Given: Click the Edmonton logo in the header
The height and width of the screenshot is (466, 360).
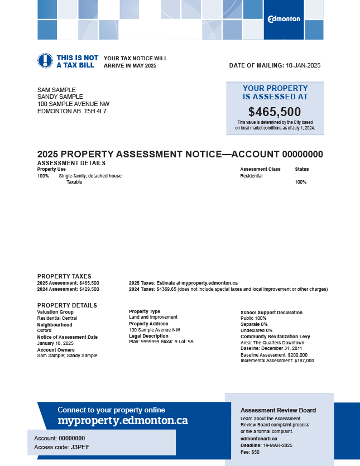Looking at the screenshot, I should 284,19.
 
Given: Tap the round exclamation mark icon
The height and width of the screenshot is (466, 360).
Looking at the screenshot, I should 45,61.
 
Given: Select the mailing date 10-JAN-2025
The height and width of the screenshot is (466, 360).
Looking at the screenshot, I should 303,65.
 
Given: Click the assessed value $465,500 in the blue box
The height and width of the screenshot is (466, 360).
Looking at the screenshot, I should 275,112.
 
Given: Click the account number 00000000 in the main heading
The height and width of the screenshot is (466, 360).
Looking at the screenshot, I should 303,155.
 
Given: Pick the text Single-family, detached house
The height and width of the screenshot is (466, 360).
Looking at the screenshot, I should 90,176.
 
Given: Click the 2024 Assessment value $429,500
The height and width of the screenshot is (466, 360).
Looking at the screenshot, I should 89,289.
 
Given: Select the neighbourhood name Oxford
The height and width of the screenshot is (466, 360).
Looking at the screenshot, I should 45,330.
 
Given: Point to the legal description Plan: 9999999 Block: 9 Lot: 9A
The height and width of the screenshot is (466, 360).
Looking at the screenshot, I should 161,342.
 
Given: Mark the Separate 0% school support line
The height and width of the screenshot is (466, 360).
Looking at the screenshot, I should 254,324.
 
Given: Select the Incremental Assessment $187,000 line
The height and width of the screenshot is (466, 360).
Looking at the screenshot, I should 277,361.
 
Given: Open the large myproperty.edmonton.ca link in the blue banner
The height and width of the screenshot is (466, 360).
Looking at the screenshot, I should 122,420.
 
